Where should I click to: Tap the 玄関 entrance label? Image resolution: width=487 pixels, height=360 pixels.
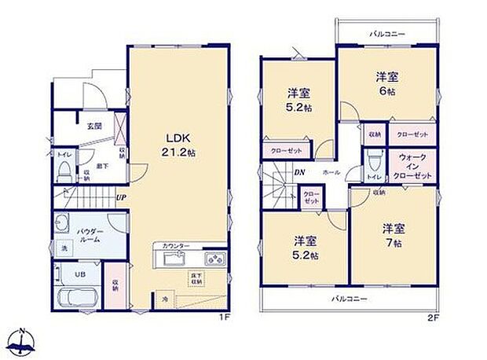(93, 125)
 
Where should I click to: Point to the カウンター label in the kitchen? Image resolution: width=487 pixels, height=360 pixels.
(176, 246)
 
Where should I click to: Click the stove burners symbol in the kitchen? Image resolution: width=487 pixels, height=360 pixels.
(215, 259)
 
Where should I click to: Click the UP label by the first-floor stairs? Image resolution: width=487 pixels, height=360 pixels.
(122, 197)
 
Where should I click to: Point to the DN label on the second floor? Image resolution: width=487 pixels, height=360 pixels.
(299, 172)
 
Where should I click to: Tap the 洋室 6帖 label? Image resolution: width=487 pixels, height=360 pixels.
(386, 84)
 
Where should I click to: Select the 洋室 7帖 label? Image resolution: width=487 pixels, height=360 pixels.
(394, 235)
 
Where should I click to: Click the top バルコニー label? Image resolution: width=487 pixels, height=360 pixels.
(386, 35)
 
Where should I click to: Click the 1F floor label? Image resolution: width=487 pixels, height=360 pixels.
(224, 317)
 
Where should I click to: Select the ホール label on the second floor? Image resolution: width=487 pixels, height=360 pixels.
(330, 172)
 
